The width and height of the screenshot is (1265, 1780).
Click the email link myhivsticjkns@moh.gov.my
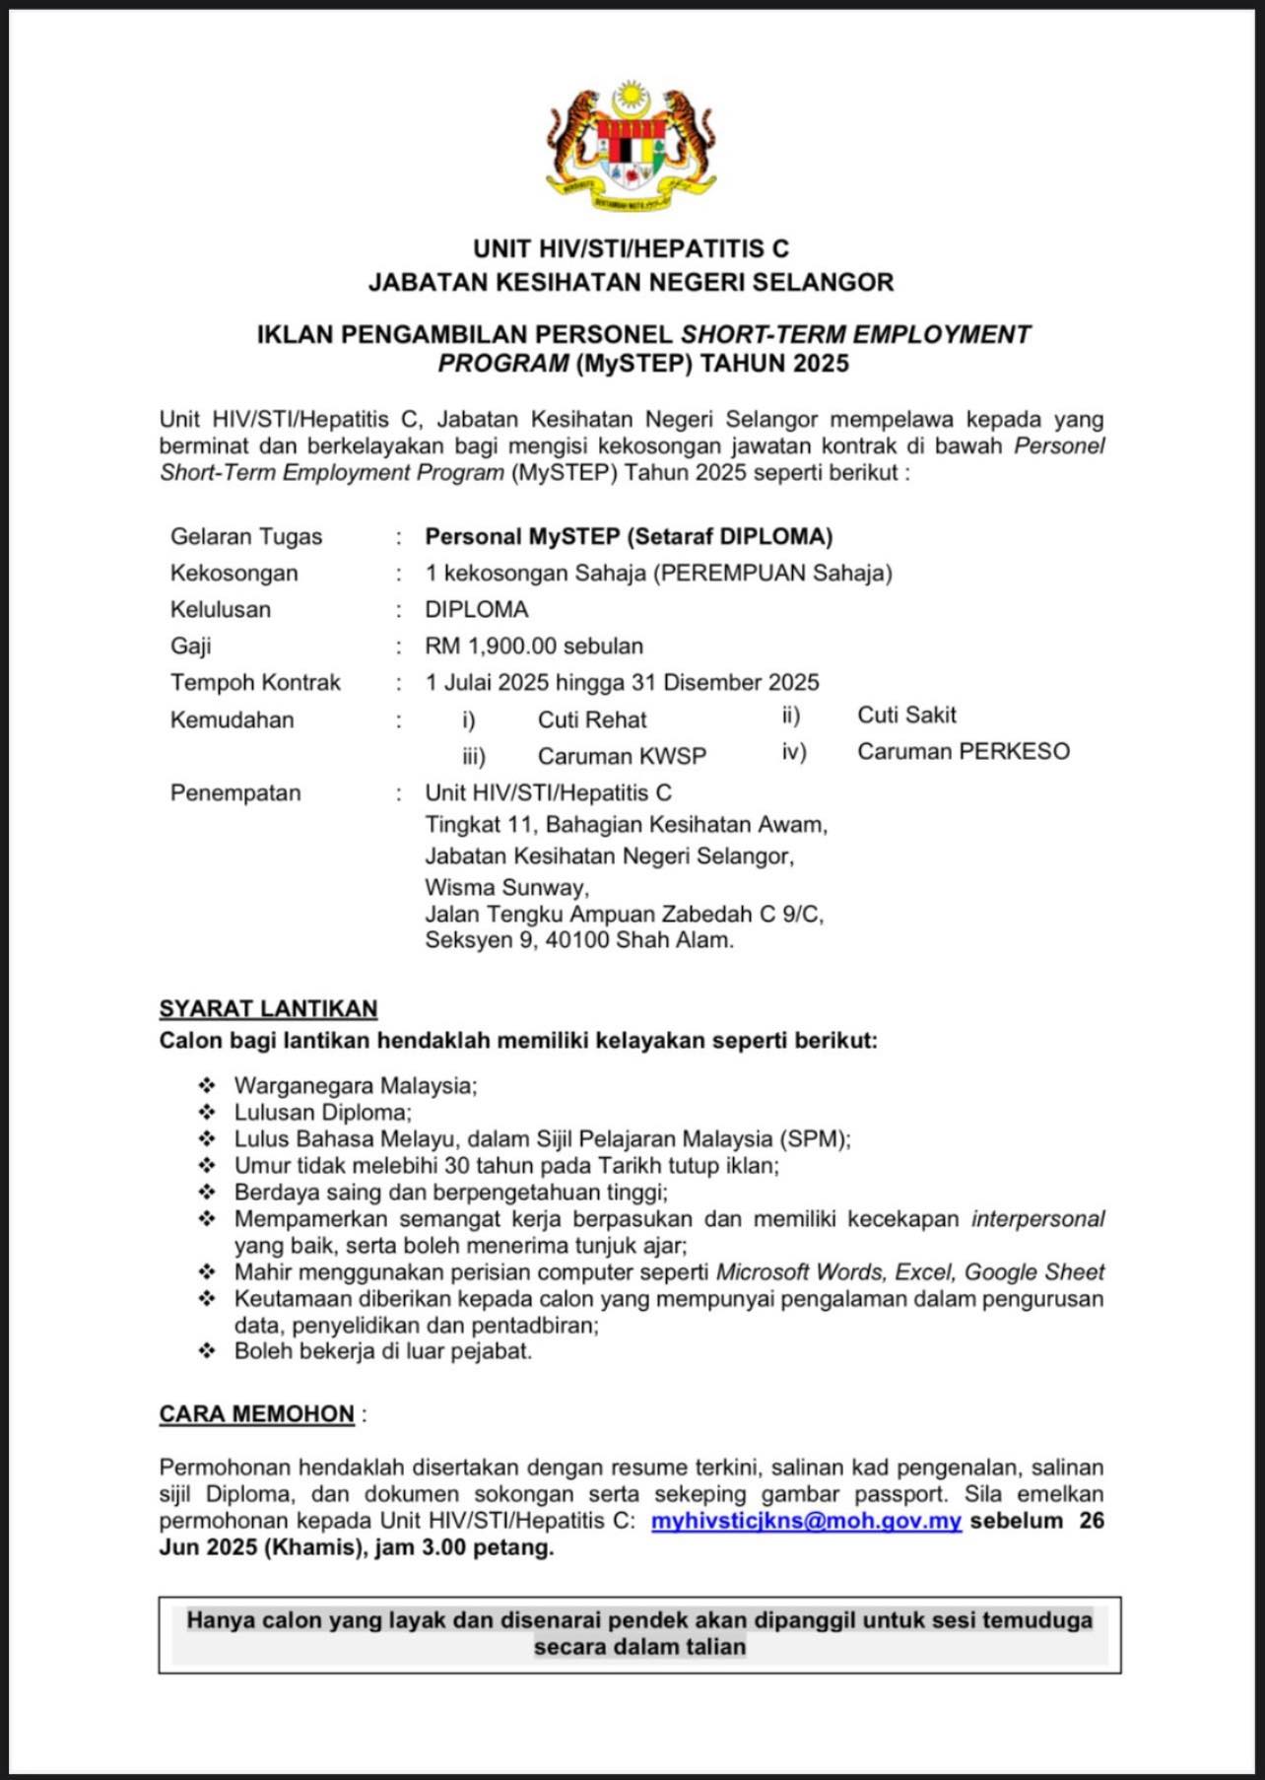coord(806,1521)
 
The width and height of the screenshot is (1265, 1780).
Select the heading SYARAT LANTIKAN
coord(268,1009)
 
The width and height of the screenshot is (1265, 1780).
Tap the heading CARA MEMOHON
coord(257,1414)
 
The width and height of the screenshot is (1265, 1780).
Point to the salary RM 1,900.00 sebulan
coord(534,647)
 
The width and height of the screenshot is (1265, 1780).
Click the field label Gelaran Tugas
coord(246,537)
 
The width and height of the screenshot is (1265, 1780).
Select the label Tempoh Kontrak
coord(255,683)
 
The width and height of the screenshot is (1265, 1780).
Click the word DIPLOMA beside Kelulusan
coord(477,610)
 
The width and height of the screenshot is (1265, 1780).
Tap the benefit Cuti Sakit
coord(906,716)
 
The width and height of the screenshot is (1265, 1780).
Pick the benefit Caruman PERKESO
coord(963,752)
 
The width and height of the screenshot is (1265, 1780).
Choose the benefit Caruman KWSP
coord(622,757)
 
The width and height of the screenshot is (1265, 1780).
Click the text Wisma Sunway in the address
coord(506,887)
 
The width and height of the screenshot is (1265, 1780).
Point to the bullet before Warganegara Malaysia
coord(207,1086)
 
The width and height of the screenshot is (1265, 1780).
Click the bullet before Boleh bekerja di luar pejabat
coord(207,1351)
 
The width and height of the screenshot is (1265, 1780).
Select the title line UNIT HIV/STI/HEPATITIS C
coord(631,248)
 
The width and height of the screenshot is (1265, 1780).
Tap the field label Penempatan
coord(235,793)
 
